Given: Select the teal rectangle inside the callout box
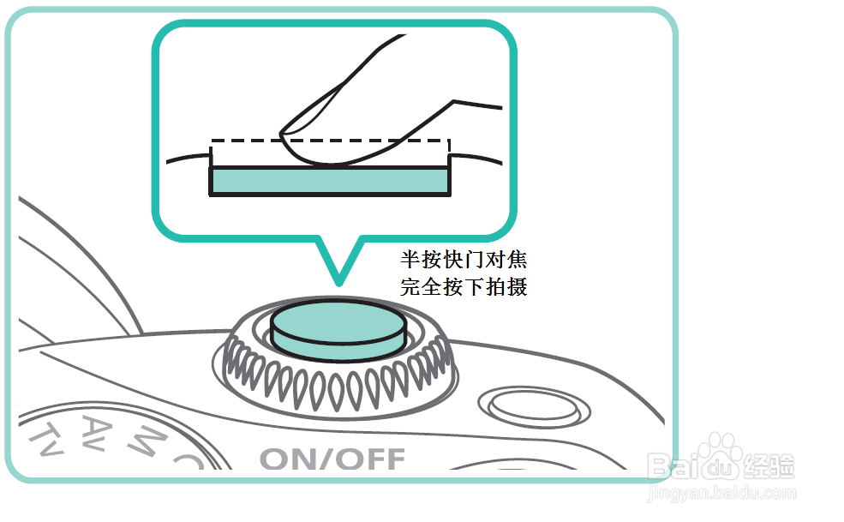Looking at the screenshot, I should [330, 180].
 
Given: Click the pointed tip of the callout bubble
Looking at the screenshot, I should [338, 281].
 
